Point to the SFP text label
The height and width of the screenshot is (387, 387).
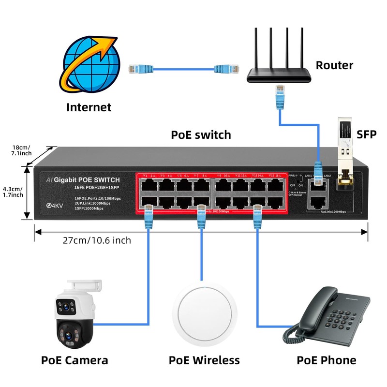pos(366,134)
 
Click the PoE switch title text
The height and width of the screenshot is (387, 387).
pos(201,134)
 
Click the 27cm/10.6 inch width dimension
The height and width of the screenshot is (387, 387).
pos(97,240)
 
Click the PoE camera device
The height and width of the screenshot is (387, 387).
pos(74,314)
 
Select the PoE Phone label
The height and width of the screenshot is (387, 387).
pos(326,360)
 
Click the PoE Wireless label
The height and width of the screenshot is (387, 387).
pos(204,360)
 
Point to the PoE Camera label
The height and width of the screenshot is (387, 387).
pos(74,360)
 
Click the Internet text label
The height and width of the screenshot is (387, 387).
pos(89,107)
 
